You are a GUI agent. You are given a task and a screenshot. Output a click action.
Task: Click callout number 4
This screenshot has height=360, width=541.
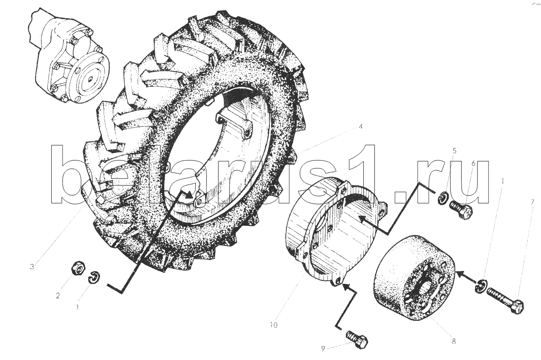pos(360,127)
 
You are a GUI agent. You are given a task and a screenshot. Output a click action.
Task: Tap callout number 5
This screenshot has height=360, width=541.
pos(454,151)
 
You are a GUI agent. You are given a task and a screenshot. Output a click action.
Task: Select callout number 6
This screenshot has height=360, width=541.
pos(473,163)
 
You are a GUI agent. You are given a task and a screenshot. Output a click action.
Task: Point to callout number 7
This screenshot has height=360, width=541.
pos(533,202)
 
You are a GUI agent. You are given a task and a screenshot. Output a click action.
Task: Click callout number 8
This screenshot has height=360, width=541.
pos(454,341)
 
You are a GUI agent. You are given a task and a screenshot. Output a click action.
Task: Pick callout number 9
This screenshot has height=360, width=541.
pos(323,349)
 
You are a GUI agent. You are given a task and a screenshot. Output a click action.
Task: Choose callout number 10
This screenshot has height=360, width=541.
pos(273,325)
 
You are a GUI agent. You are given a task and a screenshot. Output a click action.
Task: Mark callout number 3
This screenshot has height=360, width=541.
pos(32,266)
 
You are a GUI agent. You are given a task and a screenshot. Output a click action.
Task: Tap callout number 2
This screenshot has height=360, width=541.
pos(58,296)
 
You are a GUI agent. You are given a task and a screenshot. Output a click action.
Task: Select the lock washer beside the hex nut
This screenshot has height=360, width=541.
pos(94,278)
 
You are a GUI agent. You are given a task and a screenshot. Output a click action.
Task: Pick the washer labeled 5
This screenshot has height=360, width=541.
pos(443,199)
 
